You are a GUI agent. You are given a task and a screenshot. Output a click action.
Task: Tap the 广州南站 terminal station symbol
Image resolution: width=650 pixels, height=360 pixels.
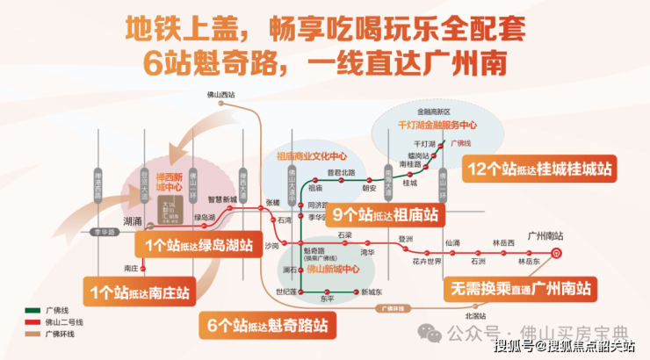point(555,252)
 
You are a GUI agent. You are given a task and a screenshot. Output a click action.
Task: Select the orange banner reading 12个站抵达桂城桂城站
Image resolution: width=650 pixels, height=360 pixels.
point(541,169)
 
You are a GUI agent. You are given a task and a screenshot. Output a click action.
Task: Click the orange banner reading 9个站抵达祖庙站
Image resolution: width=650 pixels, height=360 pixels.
point(385,213)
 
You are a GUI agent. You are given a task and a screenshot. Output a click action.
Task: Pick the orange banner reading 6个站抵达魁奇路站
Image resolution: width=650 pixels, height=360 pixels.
point(268,326)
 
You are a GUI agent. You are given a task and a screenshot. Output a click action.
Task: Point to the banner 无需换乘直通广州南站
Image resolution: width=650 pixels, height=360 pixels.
point(520,288)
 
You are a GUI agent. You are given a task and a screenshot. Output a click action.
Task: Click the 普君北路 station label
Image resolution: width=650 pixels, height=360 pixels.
point(341,172)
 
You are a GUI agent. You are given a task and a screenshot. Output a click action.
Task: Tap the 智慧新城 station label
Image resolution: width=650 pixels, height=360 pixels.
point(222,200)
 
